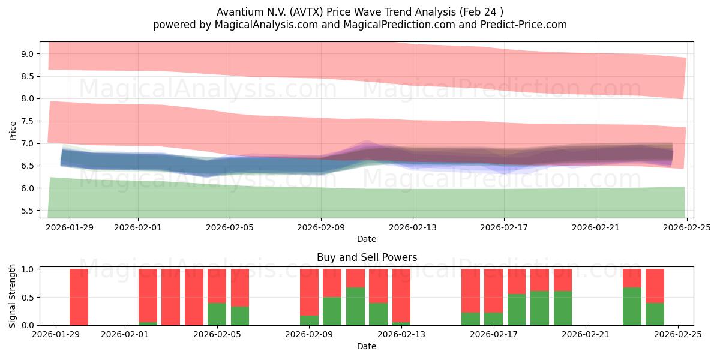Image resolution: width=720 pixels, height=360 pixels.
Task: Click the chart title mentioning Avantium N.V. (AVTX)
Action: pyautogui.click(x=360, y=11)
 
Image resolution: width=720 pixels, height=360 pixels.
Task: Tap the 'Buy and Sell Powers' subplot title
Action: pyautogui.click(x=367, y=257)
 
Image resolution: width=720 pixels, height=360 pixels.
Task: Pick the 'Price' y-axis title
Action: pyautogui.click(x=13, y=130)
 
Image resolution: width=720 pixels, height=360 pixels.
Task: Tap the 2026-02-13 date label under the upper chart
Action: pyautogui.click(x=413, y=227)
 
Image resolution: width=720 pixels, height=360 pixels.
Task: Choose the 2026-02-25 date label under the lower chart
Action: pyautogui.click(x=678, y=335)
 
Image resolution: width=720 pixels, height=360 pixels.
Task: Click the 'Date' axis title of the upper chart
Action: pyautogui.click(x=367, y=239)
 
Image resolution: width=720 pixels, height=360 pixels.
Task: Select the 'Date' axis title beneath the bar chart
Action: pyautogui.click(x=367, y=346)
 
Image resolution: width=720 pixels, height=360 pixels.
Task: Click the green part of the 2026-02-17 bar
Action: pyautogui.click(x=493, y=319)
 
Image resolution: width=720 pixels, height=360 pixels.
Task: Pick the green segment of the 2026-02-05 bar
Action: pyautogui.click(x=217, y=314)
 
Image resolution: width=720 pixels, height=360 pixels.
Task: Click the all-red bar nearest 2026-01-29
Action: pyautogui.click(x=79, y=297)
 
